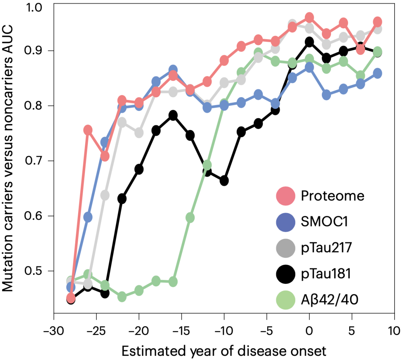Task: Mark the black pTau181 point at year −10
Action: point(224,181)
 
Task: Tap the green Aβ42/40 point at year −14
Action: point(190,218)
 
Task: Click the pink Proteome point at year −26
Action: point(88,130)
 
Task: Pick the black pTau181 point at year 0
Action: point(309,42)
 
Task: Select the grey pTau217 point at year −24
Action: point(105,195)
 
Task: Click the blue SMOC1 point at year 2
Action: point(326,94)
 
